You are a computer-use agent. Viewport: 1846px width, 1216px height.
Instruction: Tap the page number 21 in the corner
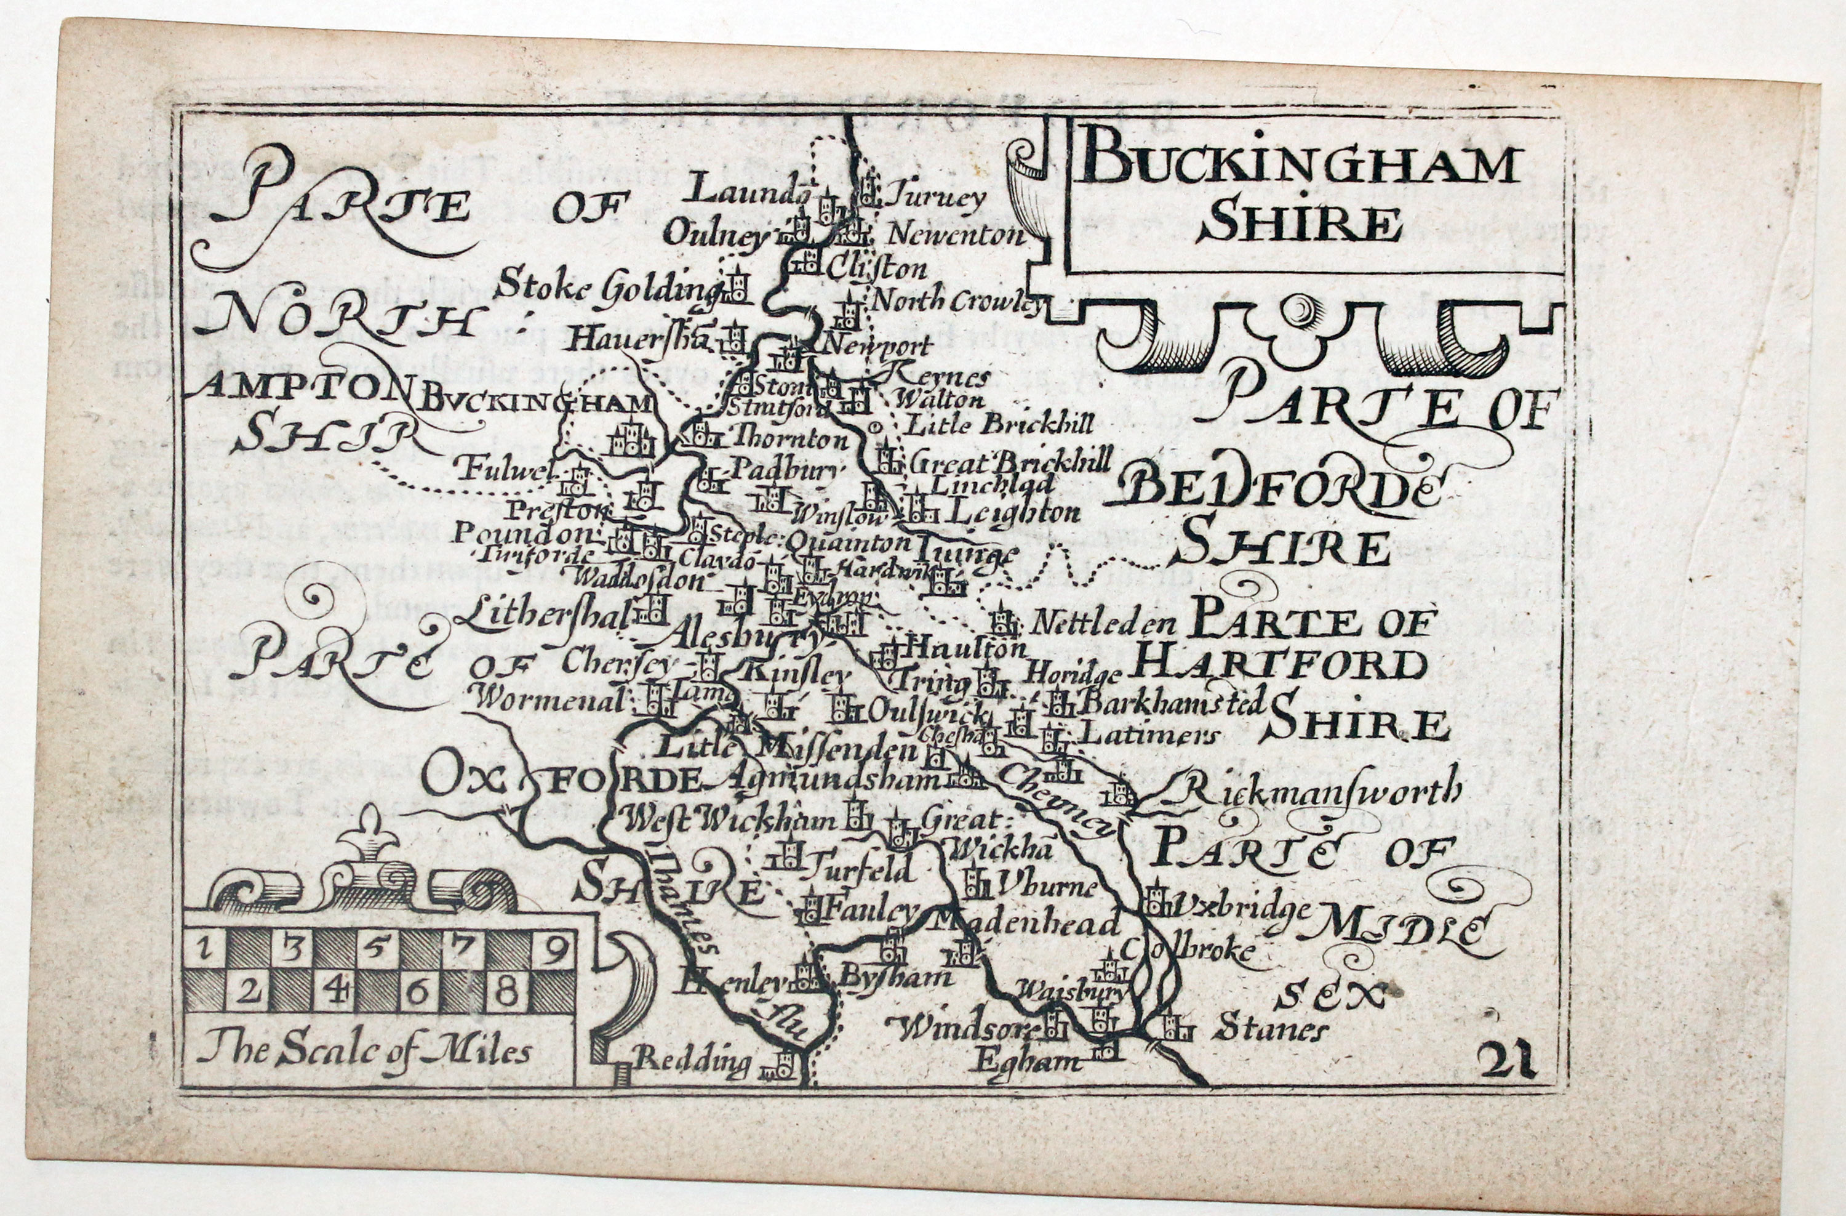pos(1506,1061)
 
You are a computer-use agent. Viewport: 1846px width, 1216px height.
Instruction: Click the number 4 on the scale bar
pos(335,991)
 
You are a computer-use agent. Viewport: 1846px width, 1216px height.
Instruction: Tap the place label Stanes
pos(1271,1031)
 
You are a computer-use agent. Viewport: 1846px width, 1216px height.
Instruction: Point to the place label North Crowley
pos(956,303)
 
